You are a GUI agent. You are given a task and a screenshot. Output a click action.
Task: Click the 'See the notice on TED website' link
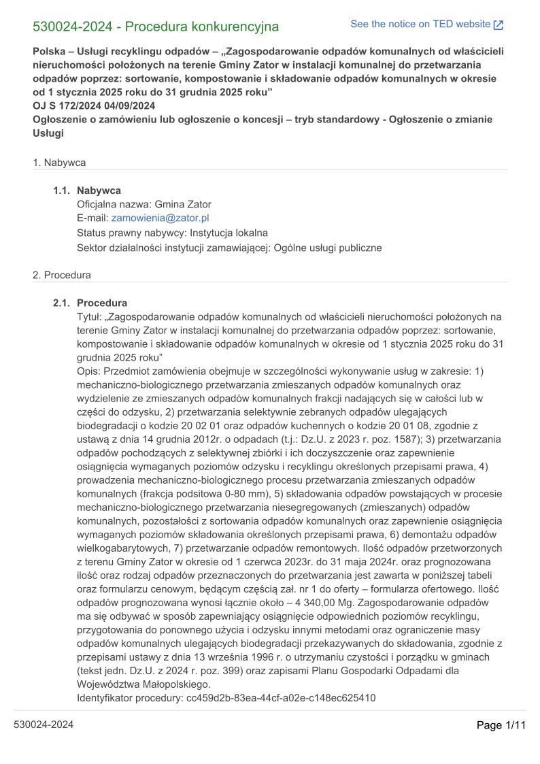pyautogui.click(x=420, y=24)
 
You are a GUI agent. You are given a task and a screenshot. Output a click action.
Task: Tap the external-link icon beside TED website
pyautogui.click(x=499, y=25)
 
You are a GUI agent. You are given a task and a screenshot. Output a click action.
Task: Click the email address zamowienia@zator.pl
pyautogui.click(x=160, y=218)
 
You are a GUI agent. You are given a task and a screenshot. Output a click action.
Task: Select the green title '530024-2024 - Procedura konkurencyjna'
pyautogui.click(x=156, y=27)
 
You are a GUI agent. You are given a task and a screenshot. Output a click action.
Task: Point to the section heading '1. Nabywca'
pyautogui.click(x=59, y=163)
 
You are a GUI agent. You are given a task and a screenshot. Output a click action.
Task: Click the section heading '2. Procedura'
pyautogui.click(x=62, y=276)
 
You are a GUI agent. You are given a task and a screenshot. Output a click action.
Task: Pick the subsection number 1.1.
pyautogui.click(x=62, y=190)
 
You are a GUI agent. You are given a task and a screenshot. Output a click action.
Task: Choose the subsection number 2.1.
pyautogui.click(x=62, y=303)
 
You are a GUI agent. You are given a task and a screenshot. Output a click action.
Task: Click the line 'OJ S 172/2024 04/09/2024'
pyautogui.click(x=94, y=105)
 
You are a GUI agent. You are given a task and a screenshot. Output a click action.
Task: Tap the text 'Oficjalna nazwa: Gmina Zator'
pyautogui.click(x=144, y=204)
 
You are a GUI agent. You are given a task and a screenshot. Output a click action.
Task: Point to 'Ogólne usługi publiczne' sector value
pyautogui.click(x=327, y=248)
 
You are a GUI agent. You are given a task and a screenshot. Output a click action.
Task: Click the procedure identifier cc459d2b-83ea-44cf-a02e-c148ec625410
pyautogui.click(x=281, y=698)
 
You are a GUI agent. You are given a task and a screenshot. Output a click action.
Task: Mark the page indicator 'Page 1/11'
pyautogui.click(x=501, y=725)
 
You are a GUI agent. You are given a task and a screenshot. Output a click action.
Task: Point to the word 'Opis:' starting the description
pyautogui.click(x=90, y=371)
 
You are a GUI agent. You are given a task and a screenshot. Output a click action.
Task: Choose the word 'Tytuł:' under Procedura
pyautogui.click(x=91, y=317)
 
